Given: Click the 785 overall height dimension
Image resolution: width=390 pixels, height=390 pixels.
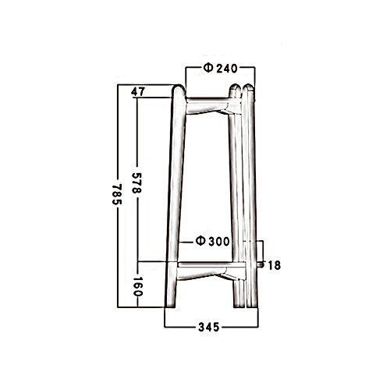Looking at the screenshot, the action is (117, 194).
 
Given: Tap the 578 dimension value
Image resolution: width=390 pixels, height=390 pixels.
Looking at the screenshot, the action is (136, 183).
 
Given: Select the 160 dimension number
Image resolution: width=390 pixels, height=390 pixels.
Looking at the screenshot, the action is (137, 286).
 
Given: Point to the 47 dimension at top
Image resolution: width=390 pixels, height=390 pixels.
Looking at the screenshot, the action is (138, 92).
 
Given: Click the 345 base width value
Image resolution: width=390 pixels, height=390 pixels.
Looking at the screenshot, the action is (209, 327).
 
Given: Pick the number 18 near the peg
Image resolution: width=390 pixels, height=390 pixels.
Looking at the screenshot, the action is (274, 265).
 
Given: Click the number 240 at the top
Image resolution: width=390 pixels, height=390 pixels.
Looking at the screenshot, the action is (227, 69).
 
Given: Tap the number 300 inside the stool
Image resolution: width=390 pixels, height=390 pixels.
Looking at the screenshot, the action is (219, 242).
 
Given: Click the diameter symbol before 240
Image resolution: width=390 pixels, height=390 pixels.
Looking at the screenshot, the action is (208, 68).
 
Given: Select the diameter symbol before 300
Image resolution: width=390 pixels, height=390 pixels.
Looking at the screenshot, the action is (200, 241).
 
